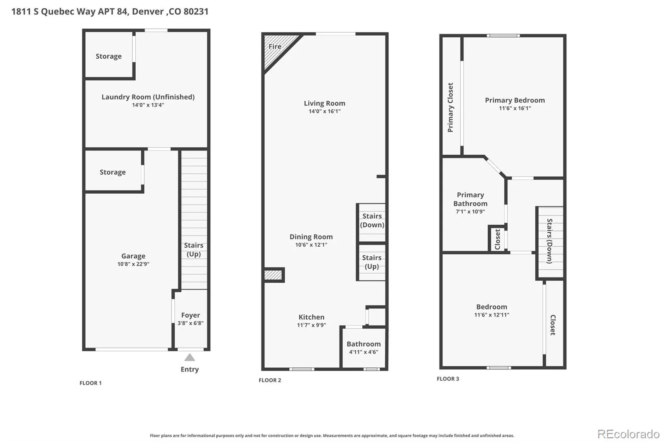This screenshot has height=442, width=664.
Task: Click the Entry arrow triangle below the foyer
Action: click(190, 357)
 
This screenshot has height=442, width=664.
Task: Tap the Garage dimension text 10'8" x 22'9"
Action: click(133, 264)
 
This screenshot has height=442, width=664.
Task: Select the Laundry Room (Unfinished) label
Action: click(148, 97)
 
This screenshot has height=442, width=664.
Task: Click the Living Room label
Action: click(325, 103)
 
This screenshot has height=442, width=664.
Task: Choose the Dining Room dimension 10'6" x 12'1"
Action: click(311, 245)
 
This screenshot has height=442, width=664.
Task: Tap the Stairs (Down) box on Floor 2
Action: click(372, 223)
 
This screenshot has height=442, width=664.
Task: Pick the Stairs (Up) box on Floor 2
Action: click(372, 262)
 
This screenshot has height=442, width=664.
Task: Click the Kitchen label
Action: click(312, 317)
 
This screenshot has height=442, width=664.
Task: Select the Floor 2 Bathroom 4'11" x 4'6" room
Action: click(364, 348)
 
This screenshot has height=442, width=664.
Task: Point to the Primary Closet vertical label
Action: click(450, 107)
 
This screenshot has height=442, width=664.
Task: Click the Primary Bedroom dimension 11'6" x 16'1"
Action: click(515, 108)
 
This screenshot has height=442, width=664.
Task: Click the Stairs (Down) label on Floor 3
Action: click(549, 241)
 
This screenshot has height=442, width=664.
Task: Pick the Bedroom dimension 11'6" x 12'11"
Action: click(492, 315)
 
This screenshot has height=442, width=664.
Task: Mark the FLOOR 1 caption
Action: click(90, 383)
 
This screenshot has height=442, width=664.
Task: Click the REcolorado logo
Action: click(628, 434)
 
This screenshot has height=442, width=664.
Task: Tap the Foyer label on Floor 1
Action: click(190, 315)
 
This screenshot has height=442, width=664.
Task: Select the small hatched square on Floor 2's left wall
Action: click(273, 275)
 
